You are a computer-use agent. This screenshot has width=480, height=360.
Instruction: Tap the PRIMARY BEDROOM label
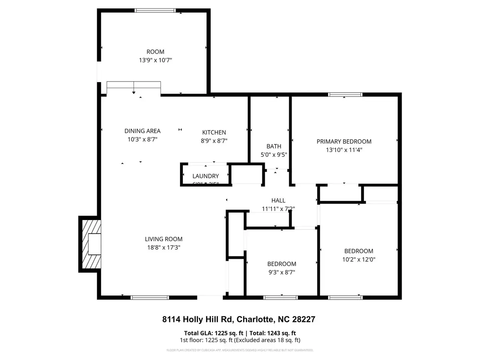pos(344,142)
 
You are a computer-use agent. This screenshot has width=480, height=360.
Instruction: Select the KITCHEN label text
pos(214,132)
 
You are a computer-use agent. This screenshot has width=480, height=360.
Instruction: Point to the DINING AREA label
pos(142,131)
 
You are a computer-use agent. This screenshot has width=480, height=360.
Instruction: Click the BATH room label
pos(274,146)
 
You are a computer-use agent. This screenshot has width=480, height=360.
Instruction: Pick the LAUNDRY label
pos(206,176)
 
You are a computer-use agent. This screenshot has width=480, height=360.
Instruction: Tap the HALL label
pos(278,200)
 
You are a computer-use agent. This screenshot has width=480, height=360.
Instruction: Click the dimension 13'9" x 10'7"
pos(156,60)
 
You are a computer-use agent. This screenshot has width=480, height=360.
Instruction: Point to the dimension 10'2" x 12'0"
pos(359,259)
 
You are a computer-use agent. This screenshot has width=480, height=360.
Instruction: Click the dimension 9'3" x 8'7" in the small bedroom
pos(282,272)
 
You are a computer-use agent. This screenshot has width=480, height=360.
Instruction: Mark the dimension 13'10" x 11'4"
pos(344,150)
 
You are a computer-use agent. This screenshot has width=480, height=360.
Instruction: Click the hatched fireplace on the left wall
pos(90,244)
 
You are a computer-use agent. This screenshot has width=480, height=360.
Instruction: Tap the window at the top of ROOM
pos(154,10)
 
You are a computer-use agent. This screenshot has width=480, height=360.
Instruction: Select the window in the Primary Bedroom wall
pos(345,94)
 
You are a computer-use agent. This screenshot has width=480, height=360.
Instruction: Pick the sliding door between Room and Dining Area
pos(134,86)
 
